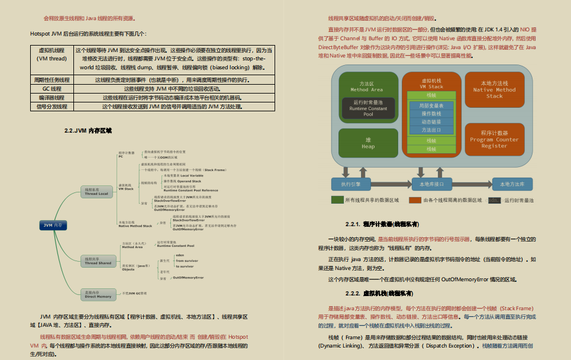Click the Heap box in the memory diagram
pos(368,143)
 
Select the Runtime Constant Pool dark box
pos(368,109)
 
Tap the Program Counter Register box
pos(494,140)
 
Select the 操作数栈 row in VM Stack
pos(431,113)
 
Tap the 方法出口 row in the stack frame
pos(431,130)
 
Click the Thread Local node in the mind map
pos(96,191)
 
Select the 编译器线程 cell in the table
pos(53,98)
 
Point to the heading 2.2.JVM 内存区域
pos(88,131)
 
